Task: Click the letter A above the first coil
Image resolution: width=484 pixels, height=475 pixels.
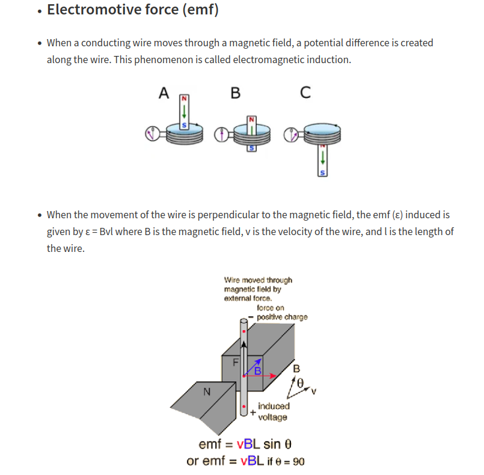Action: tap(164, 93)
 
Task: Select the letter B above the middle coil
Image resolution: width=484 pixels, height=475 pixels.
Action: tap(235, 93)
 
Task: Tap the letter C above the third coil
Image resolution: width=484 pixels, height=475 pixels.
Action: tap(305, 93)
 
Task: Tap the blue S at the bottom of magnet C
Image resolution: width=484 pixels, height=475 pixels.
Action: tap(323, 173)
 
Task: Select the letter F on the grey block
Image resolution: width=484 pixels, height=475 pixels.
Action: tap(236, 362)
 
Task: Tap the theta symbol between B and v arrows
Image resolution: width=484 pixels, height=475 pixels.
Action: tap(302, 381)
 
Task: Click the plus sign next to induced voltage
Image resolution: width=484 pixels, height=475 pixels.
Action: tap(253, 413)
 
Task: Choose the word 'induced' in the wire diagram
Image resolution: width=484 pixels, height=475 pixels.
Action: tap(274, 406)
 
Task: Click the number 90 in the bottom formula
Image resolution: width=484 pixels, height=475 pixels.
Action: tap(298, 461)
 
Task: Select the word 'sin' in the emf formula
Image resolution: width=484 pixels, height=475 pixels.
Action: tap(272, 445)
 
